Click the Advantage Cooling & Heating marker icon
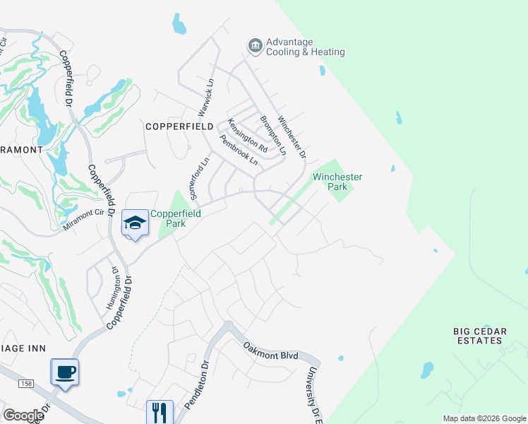(255, 47)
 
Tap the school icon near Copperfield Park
(135, 223)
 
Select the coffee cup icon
(65, 372)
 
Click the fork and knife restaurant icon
(160, 412)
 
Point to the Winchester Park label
(338, 182)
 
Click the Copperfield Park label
(176, 218)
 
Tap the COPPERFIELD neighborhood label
(179, 126)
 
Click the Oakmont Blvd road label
(271, 351)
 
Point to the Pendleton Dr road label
(198, 385)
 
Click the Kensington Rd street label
(247, 136)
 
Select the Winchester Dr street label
(293, 137)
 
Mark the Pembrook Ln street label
(239, 150)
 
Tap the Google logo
(23, 415)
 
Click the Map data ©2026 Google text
(484, 418)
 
